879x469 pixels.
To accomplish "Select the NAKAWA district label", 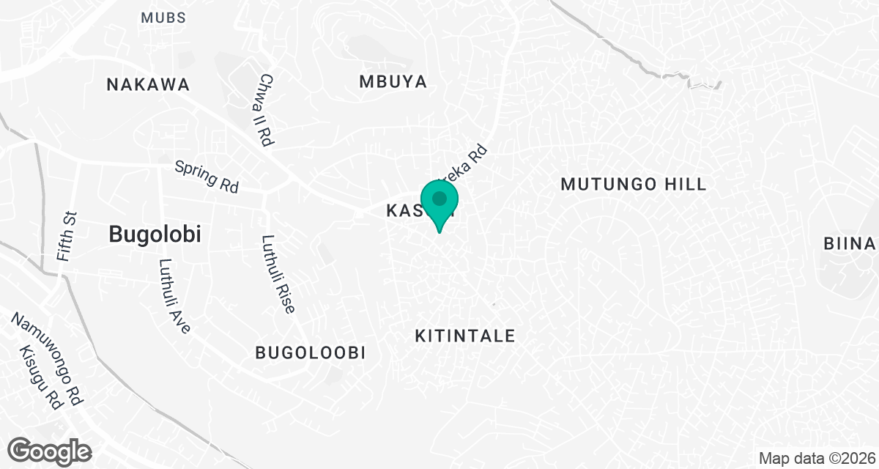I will (148, 84).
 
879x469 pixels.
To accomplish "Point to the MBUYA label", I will (393, 81).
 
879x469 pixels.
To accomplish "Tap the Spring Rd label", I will (207, 177).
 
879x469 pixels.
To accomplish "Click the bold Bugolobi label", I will (155, 234).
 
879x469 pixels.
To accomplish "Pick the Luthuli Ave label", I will (174, 297).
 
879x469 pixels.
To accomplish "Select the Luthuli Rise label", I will (278, 274).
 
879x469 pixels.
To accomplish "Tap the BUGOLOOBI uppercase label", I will (310, 353).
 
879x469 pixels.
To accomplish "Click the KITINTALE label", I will (465, 336).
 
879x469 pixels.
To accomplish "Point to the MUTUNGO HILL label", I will (634, 184).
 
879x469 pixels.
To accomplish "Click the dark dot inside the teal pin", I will (439, 199).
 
